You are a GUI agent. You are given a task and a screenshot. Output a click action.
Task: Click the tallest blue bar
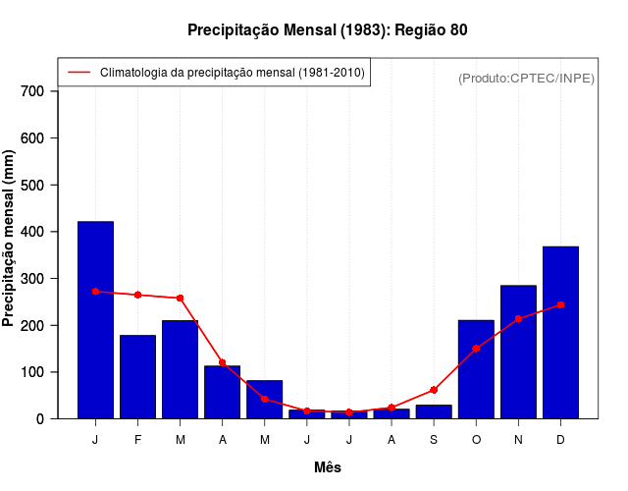(95, 320)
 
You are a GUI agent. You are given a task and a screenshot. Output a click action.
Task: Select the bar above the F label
(137, 377)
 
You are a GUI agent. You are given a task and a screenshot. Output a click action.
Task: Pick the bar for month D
(560, 332)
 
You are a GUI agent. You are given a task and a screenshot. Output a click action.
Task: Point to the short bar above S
(434, 411)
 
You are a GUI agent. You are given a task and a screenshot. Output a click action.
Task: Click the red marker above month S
(434, 390)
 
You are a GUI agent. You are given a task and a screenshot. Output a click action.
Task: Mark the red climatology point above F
(137, 295)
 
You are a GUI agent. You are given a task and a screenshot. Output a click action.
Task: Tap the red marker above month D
(560, 304)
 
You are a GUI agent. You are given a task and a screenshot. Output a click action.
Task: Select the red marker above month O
(476, 349)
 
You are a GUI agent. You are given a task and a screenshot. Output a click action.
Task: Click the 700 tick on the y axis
(32, 91)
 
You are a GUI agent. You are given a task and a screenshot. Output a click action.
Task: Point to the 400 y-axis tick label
(32, 232)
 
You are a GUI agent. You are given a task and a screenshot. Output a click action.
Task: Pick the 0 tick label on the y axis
(40, 419)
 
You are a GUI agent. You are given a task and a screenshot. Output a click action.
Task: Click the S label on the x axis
(434, 440)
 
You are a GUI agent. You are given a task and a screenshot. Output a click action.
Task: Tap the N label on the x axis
(518, 440)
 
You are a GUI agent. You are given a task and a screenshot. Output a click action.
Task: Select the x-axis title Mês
(328, 467)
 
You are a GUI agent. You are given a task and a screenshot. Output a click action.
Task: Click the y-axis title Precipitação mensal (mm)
(9, 239)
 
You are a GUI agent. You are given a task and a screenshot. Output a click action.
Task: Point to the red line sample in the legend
(79, 73)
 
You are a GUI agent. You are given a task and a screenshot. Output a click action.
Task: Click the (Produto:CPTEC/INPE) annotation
(526, 78)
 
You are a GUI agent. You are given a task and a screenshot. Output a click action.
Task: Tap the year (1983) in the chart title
(364, 30)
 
